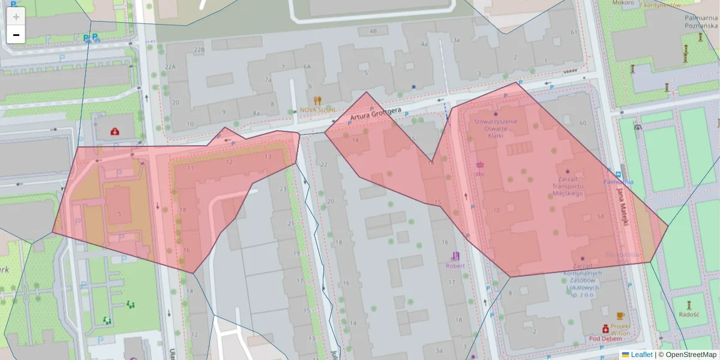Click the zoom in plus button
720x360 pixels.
tap(16, 17)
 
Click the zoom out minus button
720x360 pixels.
tap(16, 35)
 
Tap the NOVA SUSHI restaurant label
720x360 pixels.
tap(317, 111)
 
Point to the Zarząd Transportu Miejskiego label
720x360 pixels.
tap(567, 186)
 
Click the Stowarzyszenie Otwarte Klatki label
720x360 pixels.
tap(495, 128)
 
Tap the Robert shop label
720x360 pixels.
tap(455, 265)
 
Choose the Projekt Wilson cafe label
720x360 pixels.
tap(620, 329)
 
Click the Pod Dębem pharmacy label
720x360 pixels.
tap(604, 338)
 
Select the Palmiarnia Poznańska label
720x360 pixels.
tap(701, 22)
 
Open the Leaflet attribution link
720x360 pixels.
tap(641, 355)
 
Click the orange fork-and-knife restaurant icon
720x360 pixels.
tap(317, 101)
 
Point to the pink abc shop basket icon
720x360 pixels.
tap(480, 164)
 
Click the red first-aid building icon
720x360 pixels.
tap(115, 131)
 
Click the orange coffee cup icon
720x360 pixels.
tap(620, 316)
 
